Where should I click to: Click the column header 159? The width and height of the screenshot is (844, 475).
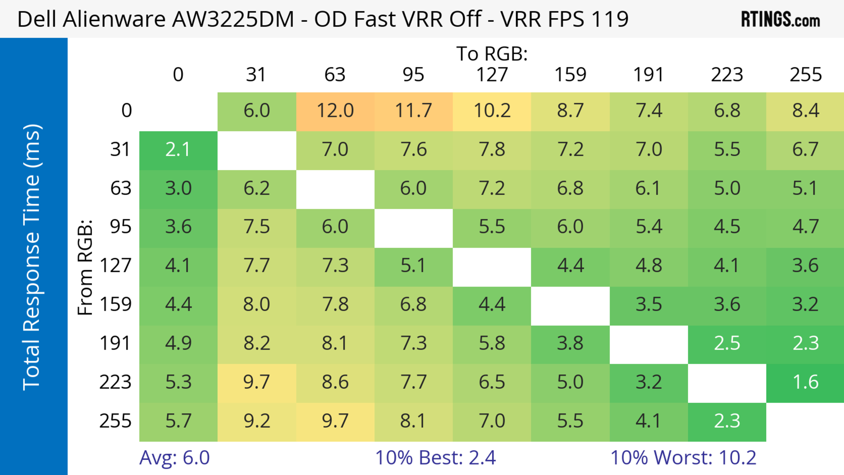[570, 75]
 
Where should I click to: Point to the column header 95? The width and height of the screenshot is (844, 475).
[413, 75]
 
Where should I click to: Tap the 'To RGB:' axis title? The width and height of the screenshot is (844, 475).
[492, 54]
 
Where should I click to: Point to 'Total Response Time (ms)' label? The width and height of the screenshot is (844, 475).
[32, 257]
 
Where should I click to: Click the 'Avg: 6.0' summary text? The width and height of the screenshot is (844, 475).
[174, 458]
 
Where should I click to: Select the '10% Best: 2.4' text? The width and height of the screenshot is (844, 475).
[435, 458]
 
